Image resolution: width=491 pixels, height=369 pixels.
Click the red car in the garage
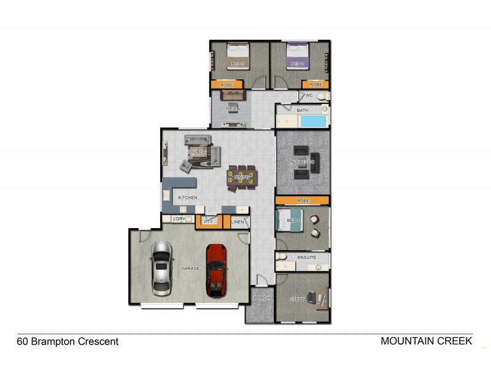click(216, 269)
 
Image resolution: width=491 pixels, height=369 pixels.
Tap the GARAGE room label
click(190, 269)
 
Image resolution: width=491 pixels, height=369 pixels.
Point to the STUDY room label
click(298, 299)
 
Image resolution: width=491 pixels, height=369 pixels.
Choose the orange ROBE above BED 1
click(303, 200)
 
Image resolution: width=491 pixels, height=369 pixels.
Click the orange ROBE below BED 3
click(226, 84)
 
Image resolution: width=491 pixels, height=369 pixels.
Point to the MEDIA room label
click(232, 109)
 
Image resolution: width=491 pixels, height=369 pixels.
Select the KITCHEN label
click(188, 197)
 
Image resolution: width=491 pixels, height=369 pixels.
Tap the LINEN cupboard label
click(238, 221)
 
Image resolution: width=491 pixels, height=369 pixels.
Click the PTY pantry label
click(207, 221)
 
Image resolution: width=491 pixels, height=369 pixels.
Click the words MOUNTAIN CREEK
click(426, 341)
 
